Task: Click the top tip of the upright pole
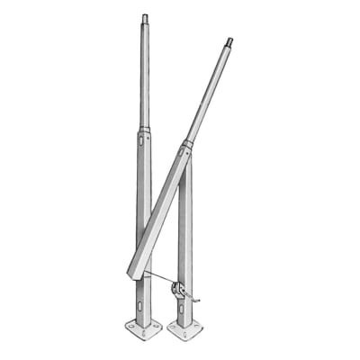[144, 18]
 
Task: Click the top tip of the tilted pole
[229, 40]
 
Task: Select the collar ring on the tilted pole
[187, 143]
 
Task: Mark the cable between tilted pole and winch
[157, 278]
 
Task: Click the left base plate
[143, 329]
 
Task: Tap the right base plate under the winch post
[185, 331]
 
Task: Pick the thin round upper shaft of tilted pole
[210, 90]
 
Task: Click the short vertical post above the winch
[184, 225]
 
